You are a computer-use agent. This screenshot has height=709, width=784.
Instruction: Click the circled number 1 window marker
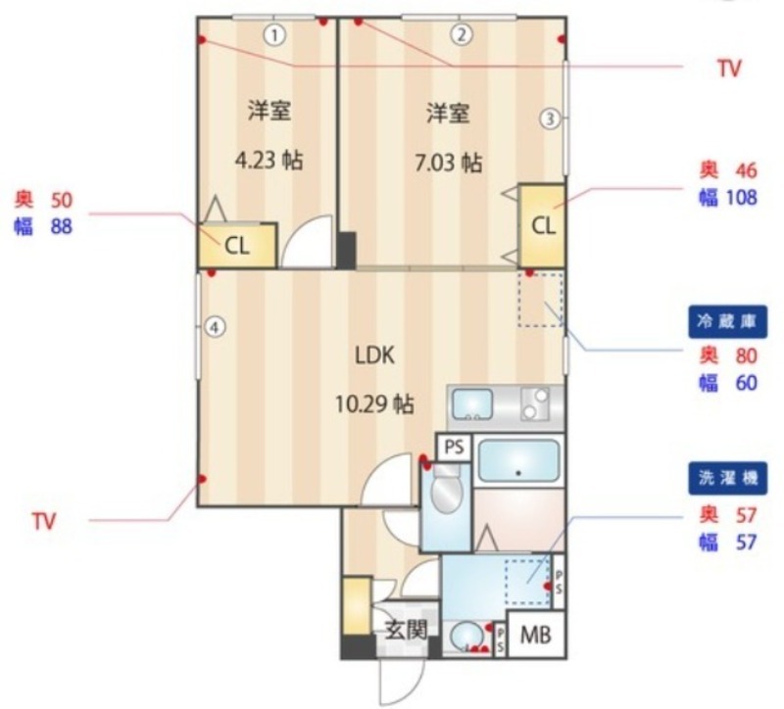274,35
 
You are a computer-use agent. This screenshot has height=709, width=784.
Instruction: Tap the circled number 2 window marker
462,34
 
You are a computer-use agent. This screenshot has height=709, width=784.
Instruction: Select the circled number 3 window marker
550,118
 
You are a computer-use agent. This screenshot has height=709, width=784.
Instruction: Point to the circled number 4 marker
215,328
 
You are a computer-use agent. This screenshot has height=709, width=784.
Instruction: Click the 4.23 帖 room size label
269,161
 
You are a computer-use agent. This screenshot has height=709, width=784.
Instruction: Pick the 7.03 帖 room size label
449,163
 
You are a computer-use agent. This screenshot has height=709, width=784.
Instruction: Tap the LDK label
375,355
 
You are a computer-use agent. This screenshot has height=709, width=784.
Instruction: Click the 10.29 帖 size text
374,403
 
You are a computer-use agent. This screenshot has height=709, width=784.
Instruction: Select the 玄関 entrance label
406,630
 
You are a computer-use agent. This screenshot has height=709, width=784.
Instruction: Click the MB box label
535,635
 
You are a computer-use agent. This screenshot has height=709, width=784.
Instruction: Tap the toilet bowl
447,489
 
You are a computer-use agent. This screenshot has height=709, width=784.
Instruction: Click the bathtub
518,460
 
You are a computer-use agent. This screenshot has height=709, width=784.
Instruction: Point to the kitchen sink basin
472,404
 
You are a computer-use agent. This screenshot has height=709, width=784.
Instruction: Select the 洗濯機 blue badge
727,478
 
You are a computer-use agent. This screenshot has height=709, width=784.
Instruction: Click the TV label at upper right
729,69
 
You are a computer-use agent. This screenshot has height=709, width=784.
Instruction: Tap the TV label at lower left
43,521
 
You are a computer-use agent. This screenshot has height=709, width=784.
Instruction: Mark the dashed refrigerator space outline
541,300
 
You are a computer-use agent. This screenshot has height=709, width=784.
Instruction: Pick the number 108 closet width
742,198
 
